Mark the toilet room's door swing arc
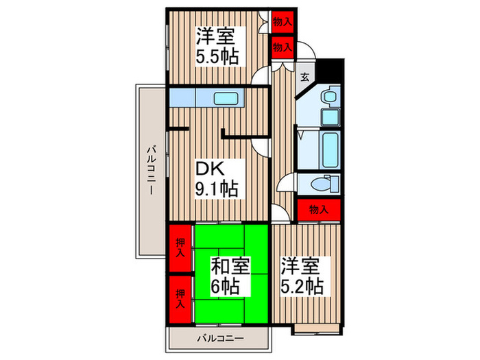click(287, 185)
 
